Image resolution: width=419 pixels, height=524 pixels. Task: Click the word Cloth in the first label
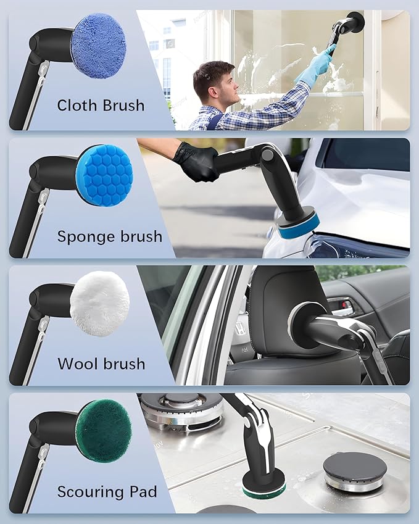click(76, 105)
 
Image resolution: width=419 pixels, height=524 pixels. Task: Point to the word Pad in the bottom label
click(146, 491)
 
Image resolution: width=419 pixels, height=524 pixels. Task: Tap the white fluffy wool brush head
click(99, 304)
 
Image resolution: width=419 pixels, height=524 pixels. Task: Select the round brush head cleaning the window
click(355, 22)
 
